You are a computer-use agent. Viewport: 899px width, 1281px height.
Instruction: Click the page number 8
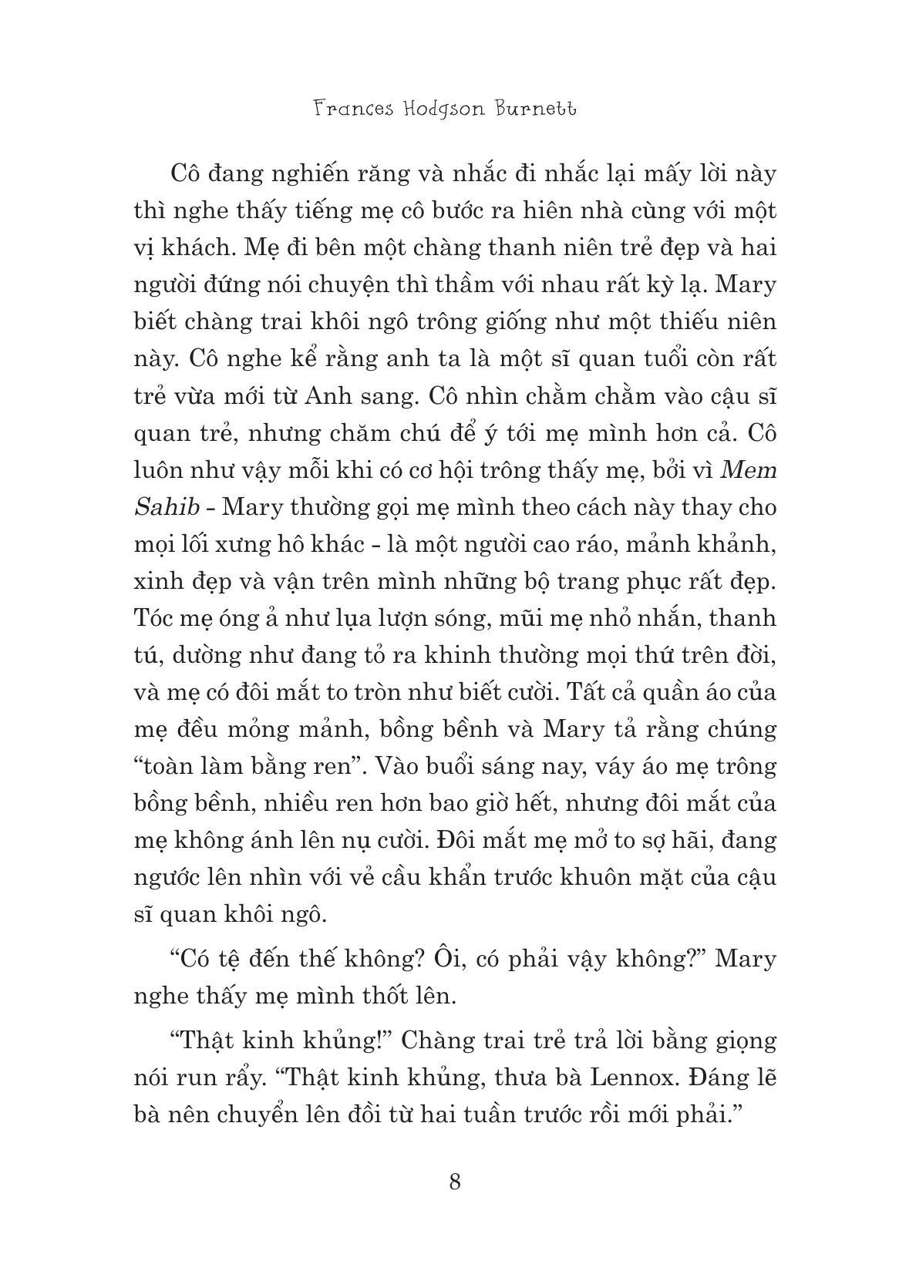[x=455, y=1181]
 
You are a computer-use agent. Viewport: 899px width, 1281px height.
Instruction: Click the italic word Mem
[x=748, y=470]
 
